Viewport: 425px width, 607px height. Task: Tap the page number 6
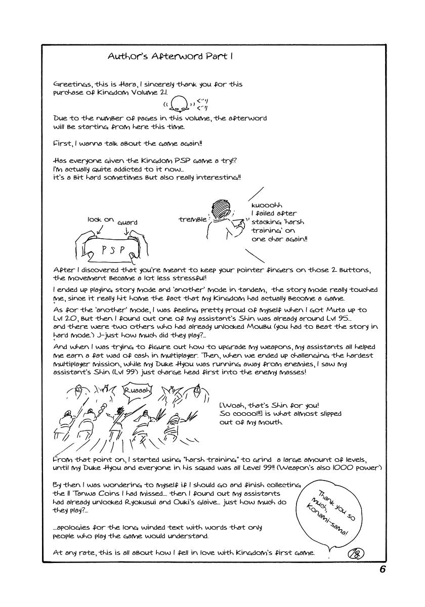[x=382, y=569]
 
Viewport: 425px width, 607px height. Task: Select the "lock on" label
[x=101, y=220]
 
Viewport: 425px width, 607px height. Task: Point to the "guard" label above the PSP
[x=127, y=222]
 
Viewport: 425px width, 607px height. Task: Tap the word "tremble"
[x=192, y=220]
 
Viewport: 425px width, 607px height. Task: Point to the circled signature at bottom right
[x=356, y=552]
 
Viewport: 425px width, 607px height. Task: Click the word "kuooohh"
[x=266, y=205]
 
